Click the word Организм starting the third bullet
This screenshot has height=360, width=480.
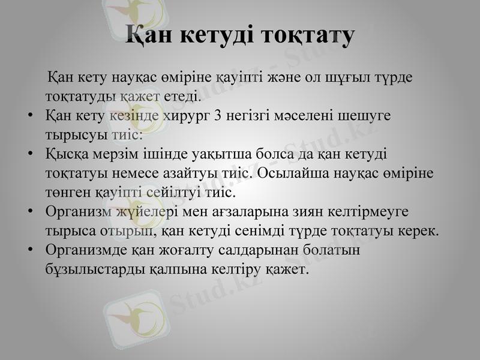(82, 212)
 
